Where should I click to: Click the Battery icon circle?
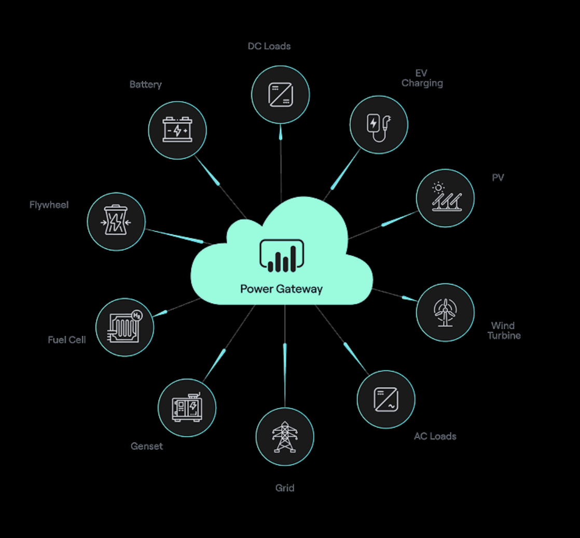177,130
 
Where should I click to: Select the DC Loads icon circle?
280,95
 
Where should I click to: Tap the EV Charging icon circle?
379,125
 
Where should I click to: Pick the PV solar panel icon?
445,198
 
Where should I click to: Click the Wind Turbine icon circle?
445,312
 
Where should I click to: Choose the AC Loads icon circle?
386,399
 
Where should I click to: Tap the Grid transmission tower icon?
285,436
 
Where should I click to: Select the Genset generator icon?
187,407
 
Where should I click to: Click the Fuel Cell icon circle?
125,327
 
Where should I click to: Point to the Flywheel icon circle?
116,222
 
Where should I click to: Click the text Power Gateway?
281,289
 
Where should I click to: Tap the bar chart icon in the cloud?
281,256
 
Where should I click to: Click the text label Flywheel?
49,205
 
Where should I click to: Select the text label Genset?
147,446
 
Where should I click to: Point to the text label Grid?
285,488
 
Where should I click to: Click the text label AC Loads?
435,436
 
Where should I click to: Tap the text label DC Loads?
269,46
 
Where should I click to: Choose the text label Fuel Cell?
67,340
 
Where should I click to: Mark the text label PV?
498,178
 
